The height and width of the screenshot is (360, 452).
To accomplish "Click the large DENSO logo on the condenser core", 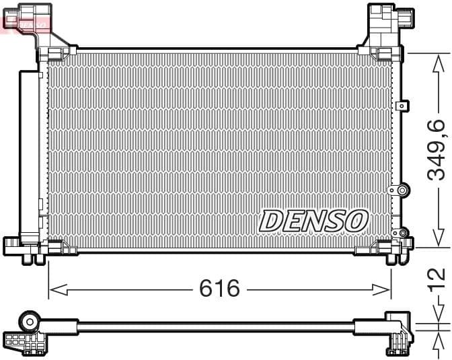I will [313, 220].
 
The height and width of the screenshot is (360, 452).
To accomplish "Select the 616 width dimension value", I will [219, 289].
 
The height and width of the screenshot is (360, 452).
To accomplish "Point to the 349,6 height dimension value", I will [437, 149].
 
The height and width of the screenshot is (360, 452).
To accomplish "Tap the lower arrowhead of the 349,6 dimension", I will [437, 238].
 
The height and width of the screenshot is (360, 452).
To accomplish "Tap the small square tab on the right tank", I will [402, 106].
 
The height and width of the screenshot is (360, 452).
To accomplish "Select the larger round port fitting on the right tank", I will [402, 190].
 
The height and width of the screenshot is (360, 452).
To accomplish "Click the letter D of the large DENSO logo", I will [272, 220].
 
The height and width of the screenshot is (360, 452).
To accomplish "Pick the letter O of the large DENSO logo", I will [357, 220].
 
